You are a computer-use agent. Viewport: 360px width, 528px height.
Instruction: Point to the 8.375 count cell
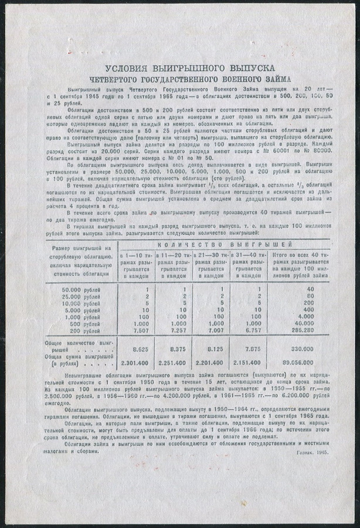coord(182,348)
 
